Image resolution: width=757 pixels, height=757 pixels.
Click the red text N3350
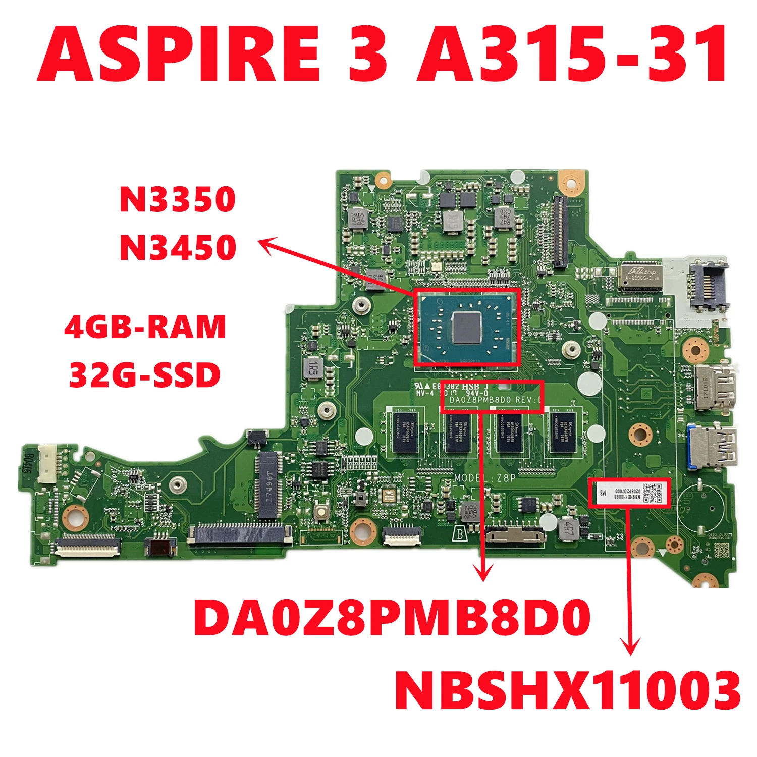point(178,199)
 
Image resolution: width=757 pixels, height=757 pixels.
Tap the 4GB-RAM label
point(145,327)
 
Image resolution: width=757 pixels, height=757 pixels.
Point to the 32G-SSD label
point(145,375)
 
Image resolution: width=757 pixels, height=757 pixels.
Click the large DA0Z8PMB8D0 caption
point(392,618)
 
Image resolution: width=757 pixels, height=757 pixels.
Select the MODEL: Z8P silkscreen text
point(484,477)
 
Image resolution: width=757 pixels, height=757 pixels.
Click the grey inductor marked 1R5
point(313,366)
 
